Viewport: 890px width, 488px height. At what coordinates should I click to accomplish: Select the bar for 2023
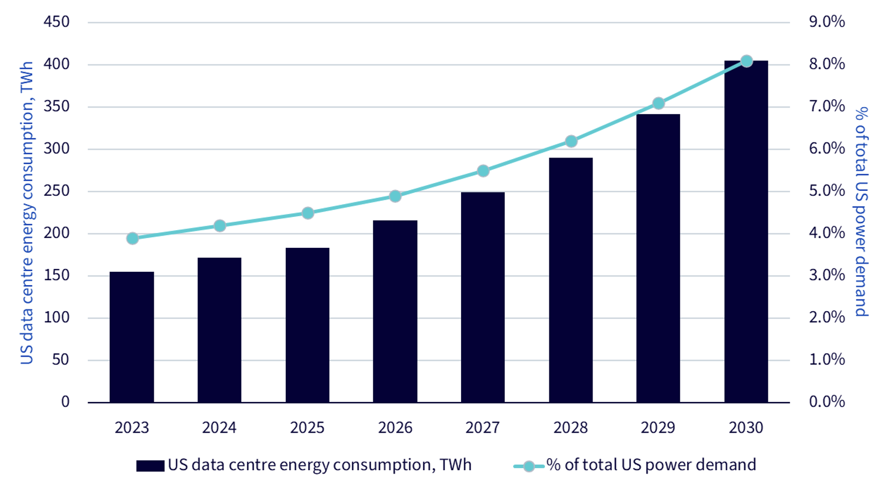pos(132,337)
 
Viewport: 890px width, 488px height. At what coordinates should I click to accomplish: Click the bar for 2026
pos(395,312)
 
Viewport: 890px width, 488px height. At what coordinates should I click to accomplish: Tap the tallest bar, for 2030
pos(746,232)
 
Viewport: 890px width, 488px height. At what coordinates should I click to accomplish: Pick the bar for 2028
pos(571,280)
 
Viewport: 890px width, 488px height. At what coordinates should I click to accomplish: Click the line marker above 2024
pos(220,226)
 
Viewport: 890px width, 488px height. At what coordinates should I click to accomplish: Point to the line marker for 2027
pos(483,171)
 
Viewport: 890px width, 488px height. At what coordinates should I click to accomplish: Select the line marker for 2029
pos(659,103)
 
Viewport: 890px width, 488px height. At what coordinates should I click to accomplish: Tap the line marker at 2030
pos(747,61)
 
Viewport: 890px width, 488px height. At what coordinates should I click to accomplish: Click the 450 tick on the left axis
pos(57,22)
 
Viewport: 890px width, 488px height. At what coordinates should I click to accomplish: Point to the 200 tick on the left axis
pos(57,233)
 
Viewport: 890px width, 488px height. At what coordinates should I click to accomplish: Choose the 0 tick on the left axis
pos(65,401)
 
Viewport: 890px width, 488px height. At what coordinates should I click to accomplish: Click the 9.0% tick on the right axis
pos(827,22)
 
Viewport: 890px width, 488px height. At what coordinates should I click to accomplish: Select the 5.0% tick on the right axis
pos(827,191)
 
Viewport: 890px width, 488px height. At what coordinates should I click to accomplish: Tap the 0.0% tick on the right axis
pos(827,401)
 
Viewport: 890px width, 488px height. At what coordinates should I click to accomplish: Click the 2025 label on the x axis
pos(307,428)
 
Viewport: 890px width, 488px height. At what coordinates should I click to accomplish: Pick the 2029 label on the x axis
pos(658,428)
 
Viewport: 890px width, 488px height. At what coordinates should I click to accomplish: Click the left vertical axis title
pos(27,213)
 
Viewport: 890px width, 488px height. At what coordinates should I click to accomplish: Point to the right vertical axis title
pos(861,212)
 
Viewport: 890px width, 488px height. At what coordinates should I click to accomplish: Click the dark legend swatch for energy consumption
pos(150,466)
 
